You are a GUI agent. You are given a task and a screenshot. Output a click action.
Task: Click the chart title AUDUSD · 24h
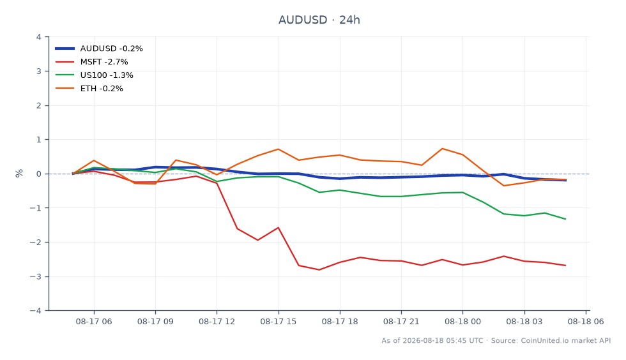pyautogui.click(x=319, y=20)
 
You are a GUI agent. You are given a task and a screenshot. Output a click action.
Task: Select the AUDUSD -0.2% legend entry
pyautogui.click(x=99, y=49)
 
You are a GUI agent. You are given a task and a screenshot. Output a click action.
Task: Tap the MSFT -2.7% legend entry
pyautogui.click(x=91, y=62)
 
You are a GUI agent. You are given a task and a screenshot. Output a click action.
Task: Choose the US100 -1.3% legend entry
pyautogui.click(x=95, y=75)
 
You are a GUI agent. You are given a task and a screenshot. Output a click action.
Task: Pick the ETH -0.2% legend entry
pyautogui.click(x=89, y=89)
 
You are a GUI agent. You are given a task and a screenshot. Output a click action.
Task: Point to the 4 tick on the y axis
pyautogui.click(x=39, y=37)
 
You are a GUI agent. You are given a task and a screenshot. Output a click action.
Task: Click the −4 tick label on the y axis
pyautogui.click(x=36, y=310)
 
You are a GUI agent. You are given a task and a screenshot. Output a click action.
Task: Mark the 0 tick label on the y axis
pyautogui.click(x=39, y=174)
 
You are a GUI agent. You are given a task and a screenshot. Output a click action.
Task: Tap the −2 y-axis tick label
pyautogui.click(x=36, y=243)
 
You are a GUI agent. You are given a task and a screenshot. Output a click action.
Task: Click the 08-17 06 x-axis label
pyautogui.click(x=94, y=322)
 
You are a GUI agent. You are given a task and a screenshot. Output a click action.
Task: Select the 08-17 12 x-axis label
pyautogui.click(x=217, y=322)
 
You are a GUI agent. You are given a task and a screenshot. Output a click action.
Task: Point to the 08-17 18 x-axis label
pyautogui.click(x=340, y=322)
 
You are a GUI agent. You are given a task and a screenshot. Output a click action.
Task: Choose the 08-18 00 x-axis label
pyautogui.click(x=462, y=322)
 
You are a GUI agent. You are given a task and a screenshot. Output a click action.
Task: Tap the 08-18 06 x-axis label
pyautogui.click(x=586, y=322)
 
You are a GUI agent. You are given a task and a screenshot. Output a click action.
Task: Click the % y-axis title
pyautogui.click(x=19, y=173)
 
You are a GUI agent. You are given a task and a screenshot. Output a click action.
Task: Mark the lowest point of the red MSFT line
pyautogui.click(x=319, y=270)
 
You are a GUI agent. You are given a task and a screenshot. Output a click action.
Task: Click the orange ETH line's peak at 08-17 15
pyautogui.click(x=279, y=149)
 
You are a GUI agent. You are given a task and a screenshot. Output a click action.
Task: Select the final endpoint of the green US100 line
pyautogui.click(x=565, y=219)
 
